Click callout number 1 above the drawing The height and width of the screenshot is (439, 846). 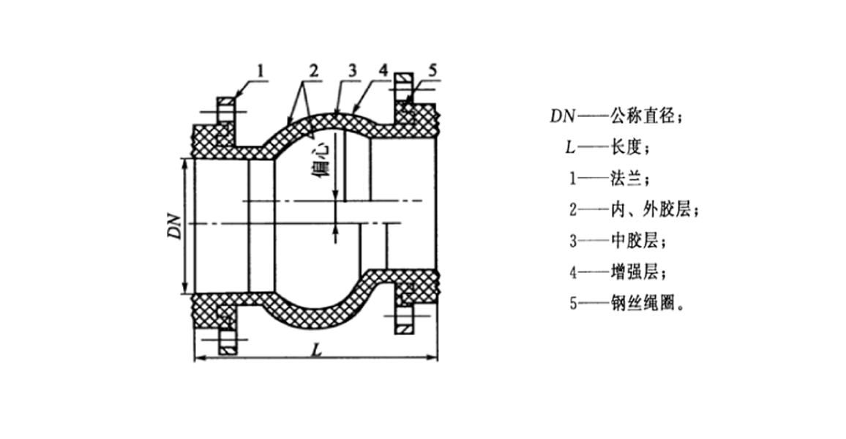coord(260,70)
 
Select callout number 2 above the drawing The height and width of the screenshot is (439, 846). coord(312,71)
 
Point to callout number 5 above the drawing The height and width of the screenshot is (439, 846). coord(433,70)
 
